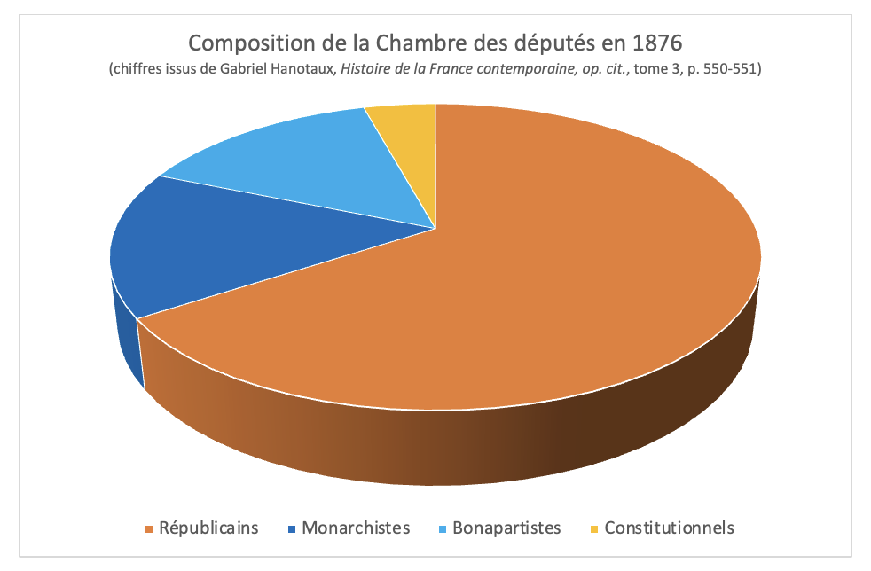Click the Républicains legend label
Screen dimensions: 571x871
click(x=208, y=528)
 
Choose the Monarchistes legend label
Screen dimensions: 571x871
click(x=356, y=528)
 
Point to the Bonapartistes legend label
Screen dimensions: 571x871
click(x=506, y=528)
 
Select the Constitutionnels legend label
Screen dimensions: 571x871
click(x=669, y=528)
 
